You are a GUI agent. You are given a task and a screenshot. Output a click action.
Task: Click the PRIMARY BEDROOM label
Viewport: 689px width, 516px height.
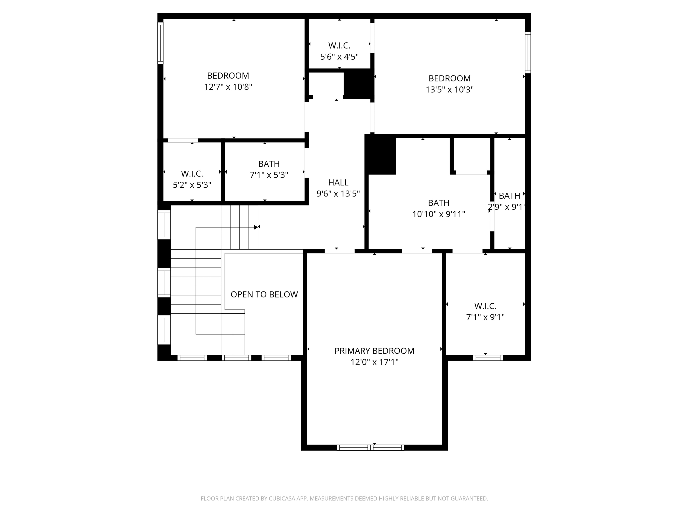(374, 351)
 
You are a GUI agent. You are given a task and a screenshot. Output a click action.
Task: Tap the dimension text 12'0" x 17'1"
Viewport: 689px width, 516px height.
(374, 362)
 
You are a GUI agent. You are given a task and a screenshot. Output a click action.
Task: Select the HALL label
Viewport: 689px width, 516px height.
(338, 183)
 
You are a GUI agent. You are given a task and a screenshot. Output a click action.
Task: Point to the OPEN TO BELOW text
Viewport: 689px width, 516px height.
(264, 294)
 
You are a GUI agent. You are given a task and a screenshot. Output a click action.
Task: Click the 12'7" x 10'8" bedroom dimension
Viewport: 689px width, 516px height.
(228, 87)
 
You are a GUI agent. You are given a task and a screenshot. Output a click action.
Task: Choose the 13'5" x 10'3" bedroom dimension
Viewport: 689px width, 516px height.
(449, 90)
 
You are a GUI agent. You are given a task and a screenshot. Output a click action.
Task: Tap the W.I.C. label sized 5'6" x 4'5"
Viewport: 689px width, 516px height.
(339, 46)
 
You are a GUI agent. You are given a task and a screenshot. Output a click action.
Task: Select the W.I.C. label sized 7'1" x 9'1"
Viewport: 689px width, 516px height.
(485, 306)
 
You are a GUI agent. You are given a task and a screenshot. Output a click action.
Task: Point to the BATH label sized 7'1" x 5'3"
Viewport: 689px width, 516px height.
(269, 164)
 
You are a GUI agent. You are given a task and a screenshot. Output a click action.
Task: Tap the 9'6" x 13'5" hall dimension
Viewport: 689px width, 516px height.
(338, 194)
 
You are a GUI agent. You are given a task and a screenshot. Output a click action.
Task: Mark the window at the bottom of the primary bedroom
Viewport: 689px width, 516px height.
(370, 448)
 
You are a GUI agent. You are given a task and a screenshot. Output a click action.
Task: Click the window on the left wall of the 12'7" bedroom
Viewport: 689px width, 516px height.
(160, 43)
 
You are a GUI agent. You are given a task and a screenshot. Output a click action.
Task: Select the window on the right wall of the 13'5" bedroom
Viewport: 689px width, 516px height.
(528, 52)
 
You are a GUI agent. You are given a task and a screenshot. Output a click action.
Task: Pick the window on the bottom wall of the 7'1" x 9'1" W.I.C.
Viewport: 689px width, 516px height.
(488, 358)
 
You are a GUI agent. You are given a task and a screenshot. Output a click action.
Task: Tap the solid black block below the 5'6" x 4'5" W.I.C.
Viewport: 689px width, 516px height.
(359, 84)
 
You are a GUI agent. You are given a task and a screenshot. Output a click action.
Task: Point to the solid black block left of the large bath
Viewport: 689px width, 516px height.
(380, 155)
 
